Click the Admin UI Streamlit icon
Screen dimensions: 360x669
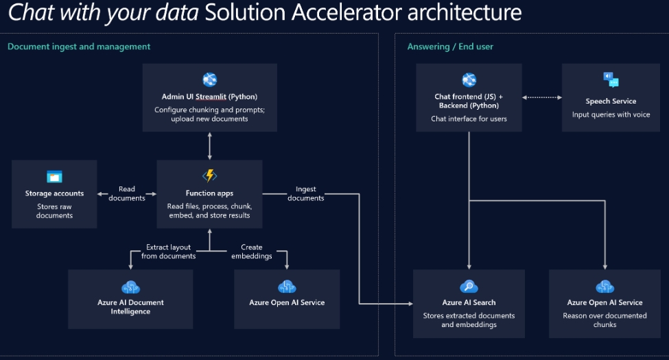point(209,80)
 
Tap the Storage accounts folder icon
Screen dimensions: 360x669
point(54,177)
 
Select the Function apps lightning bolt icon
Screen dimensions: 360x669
point(209,176)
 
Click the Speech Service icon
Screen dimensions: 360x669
point(611,80)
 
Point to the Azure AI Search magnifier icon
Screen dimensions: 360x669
point(469,287)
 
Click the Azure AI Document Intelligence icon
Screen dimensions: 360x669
point(130,287)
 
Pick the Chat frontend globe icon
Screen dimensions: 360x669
point(469,80)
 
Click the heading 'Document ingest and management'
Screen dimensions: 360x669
point(79,47)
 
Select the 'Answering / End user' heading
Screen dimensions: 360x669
point(450,47)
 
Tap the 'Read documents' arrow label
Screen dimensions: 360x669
point(127,193)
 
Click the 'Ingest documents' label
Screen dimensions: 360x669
point(305,193)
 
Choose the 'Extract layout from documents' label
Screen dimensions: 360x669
point(169,252)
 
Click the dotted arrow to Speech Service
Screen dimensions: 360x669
point(541,97)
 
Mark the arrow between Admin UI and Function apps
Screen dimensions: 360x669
point(209,145)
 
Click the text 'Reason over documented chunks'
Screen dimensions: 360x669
point(605,320)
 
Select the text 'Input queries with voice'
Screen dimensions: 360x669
point(611,115)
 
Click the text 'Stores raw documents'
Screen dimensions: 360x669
point(54,211)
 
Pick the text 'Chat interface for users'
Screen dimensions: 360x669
point(469,119)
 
